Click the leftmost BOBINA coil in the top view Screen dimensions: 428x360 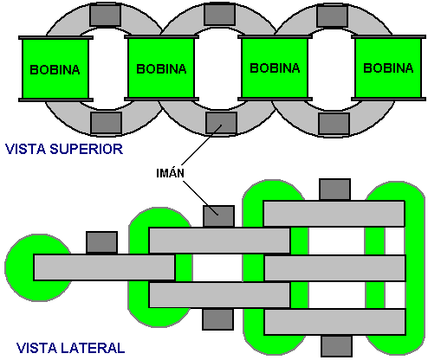(55, 68)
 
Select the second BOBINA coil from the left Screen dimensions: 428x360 (161, 68)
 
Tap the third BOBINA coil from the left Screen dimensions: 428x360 (275, 68)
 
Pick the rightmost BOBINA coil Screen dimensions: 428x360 (388, 68)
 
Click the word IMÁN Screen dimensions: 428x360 (170, 173)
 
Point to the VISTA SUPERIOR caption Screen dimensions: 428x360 (64, 149)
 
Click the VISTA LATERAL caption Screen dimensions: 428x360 (70, 348)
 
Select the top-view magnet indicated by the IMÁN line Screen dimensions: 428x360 (221, 124)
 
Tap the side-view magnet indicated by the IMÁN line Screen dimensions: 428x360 (218, 216)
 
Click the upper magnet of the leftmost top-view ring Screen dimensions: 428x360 (105, 16)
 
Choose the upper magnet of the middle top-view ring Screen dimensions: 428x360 (219, 15)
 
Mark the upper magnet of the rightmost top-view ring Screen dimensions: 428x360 (332, 16)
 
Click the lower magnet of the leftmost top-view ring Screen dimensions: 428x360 (107, 124)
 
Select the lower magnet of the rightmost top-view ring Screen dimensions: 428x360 (334, 124)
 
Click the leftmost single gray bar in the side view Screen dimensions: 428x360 (104, 267)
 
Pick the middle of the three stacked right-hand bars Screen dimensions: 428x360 (335, 268)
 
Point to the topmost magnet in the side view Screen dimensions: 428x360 (334, 190)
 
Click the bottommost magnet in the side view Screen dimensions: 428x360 (336, 346)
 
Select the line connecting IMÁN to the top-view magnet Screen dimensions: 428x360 (202, 145)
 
